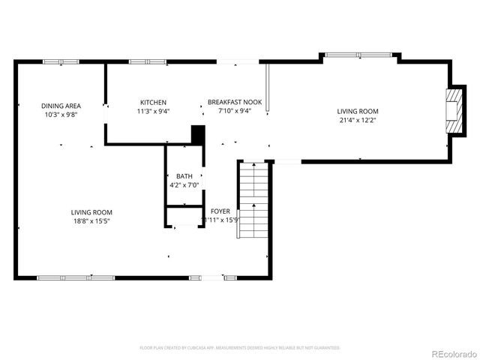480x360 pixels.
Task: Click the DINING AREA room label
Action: point(61,106)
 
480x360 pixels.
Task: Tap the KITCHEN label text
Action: point(153,103)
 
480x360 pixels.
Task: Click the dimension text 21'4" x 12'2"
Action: point(357,120)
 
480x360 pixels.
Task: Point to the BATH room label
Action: point(184,176)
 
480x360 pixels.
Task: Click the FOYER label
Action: point(220,211)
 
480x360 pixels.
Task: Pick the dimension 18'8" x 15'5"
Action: point(91,221)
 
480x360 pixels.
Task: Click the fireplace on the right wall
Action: point(454,110)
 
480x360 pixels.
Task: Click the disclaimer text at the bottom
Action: point(240,348)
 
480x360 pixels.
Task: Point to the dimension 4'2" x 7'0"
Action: point(184,184)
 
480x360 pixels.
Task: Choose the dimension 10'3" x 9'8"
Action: point(61,115)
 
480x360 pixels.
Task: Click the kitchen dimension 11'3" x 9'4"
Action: point(153,112)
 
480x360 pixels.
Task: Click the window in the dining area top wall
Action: point(55,61)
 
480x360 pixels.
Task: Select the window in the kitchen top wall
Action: point(142,61)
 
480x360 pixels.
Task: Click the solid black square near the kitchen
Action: point(198,135)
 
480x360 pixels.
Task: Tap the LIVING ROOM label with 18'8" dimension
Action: point(91,212)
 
